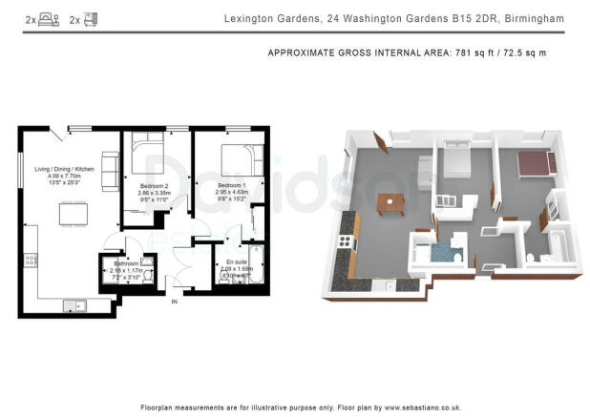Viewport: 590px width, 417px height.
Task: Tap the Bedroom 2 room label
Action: coord(154,184)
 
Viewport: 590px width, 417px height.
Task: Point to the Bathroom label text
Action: coord(126,264)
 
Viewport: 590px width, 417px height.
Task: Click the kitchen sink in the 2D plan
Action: coord(74,304)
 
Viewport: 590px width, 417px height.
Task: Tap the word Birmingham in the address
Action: coord(536,18)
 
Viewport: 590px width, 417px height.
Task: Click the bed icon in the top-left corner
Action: coord(46,18)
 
